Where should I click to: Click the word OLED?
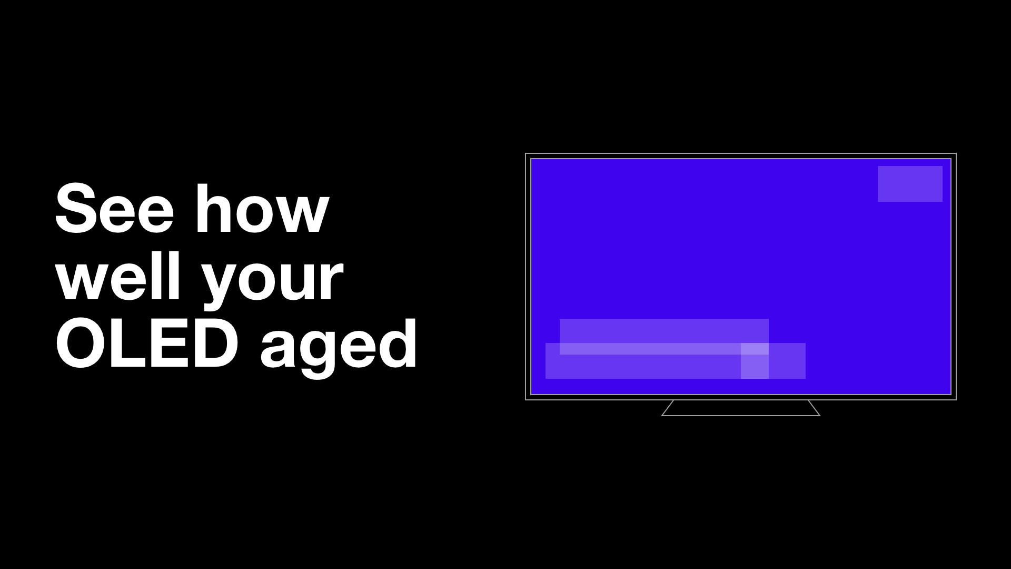click(x=147, y=344)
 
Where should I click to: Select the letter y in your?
click(x=219, y=284)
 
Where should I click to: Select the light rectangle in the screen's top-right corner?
click(x=910, y=184)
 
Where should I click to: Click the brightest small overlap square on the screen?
click(x=755, y=349)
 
